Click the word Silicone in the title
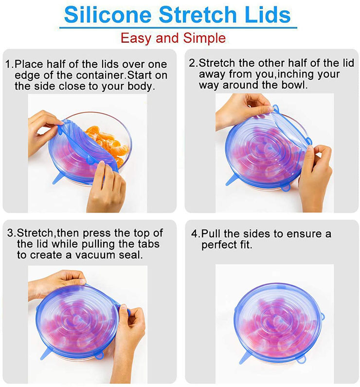pos(108,15)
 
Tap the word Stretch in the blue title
pos(198,15)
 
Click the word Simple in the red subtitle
pos(204,38)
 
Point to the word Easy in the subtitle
pos(136,39)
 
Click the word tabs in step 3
pos(149,244)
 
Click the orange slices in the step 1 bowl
pos(108,145)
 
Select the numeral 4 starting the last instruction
pos(194,234)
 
